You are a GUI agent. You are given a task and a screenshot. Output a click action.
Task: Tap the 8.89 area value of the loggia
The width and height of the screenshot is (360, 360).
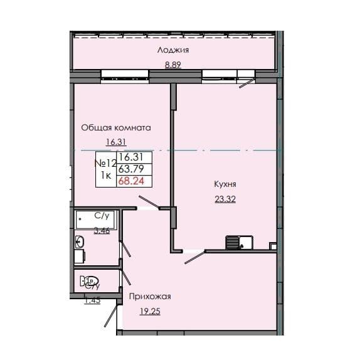point(174,64)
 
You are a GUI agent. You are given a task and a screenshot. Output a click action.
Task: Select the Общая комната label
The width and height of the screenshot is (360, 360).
point(116,127)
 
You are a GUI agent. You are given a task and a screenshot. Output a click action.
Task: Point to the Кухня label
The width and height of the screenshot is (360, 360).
point(225,185)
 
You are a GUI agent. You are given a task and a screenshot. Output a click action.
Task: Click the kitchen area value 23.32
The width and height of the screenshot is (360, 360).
point(225,199)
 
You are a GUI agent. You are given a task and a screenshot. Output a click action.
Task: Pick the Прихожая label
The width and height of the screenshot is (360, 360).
point(150,296)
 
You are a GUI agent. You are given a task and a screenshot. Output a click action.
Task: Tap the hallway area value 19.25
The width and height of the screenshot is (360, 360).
point(150,310)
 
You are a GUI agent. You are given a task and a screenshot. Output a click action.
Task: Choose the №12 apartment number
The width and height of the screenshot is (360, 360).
point(105,163)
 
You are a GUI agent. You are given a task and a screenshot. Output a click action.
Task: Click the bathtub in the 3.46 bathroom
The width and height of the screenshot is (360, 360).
point(94,221)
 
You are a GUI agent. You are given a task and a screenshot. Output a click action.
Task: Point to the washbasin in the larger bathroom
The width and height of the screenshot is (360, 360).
point(80,241)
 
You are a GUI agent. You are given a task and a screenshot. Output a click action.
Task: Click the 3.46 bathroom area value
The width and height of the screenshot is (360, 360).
point(102,231)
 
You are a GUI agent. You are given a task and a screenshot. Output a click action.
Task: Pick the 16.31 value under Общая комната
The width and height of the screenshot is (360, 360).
point(116,142)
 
